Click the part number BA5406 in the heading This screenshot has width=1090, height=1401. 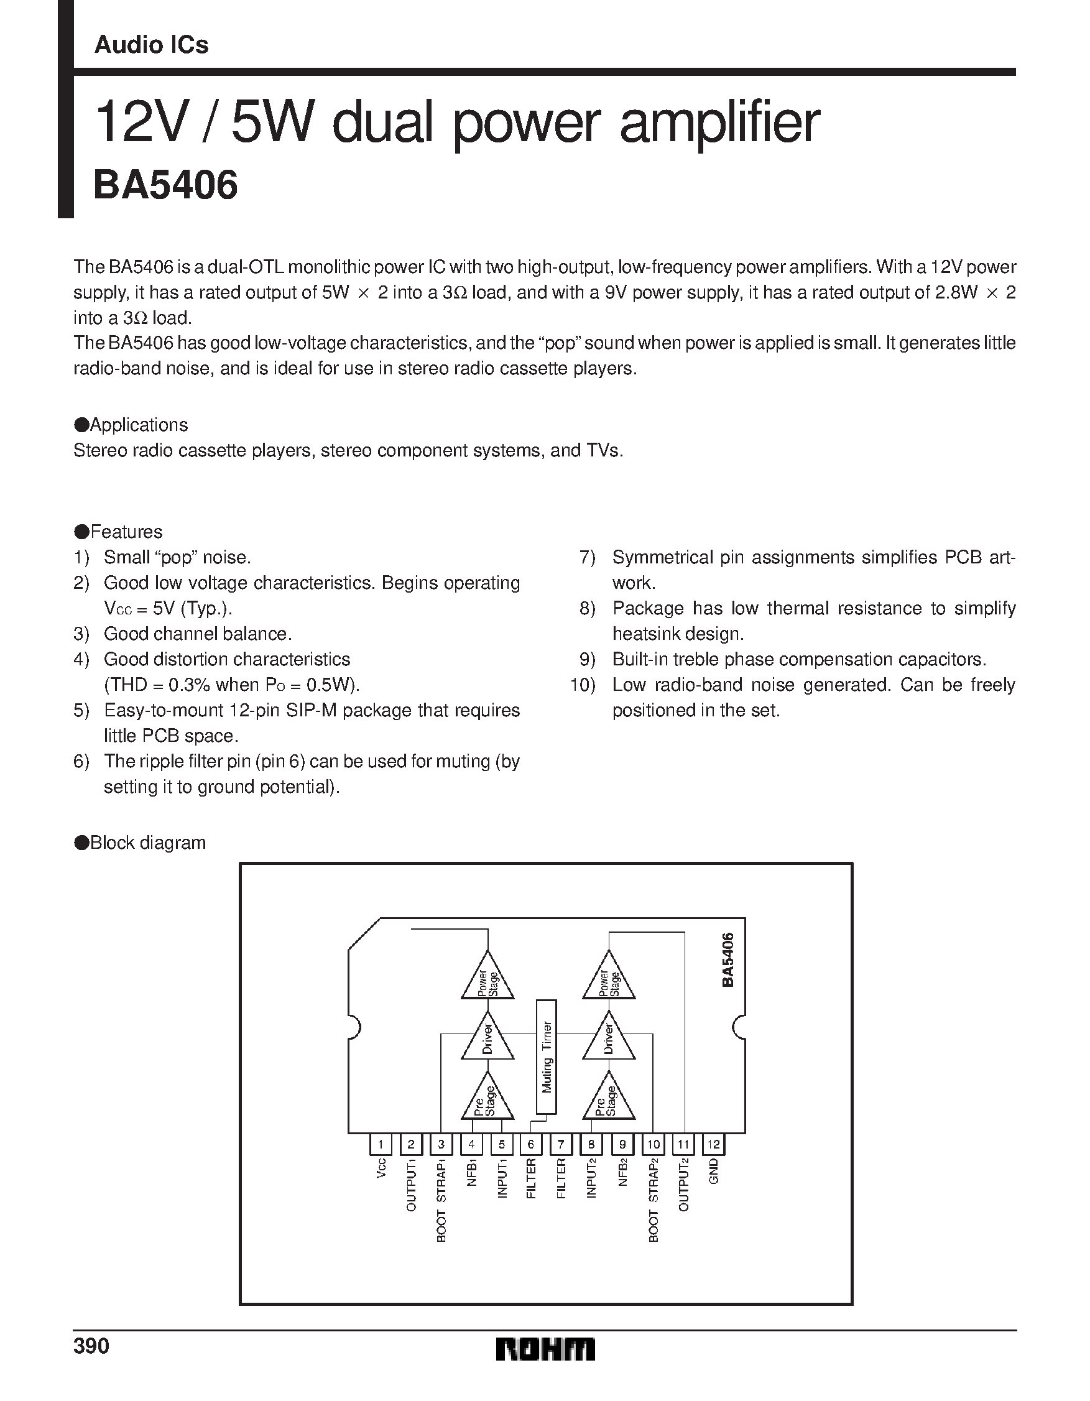click(165, 185)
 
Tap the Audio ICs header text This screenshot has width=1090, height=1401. click(152, 45)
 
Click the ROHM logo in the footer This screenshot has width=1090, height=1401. click(545, 1349)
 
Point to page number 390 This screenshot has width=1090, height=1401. click(91, 1345)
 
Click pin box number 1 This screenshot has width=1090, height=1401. click(381, 1144)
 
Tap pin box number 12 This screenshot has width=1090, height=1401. click(713, 1144)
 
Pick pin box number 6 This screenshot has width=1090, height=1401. click(530, 1144)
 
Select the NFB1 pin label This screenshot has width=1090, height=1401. click(472, 1172)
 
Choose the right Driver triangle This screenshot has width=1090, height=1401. click(608, 1039)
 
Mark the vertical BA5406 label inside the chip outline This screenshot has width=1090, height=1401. click(727, 959)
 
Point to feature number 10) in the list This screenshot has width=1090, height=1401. click(583, 685)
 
